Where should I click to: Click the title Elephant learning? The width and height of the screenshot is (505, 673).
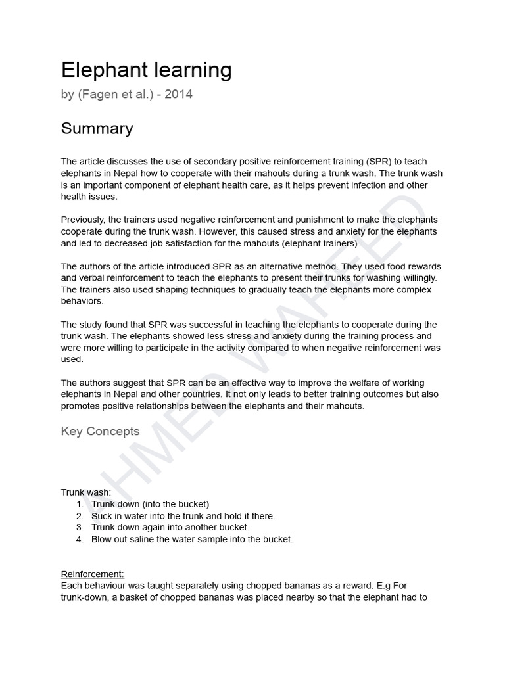click(146, 70)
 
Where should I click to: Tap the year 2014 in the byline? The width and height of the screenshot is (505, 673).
click(178, 95)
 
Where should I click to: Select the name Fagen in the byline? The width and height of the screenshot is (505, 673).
click(98, 95)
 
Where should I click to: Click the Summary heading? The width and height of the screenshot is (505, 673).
click(97, 129)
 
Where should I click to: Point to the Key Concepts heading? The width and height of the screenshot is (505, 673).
click(100, 431)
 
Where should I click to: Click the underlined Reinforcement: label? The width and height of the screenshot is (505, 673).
click(92, 574)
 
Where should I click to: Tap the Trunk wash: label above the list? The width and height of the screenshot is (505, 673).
click(86, 492)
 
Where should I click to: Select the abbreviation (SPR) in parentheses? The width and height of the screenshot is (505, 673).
click(375, 162)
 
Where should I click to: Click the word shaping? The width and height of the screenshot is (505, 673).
click(167, 290)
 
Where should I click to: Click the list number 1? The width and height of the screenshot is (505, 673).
click(79, 504)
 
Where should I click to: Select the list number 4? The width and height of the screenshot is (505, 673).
click(79, 540)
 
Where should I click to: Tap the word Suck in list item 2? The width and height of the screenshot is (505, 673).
click(102, 516)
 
